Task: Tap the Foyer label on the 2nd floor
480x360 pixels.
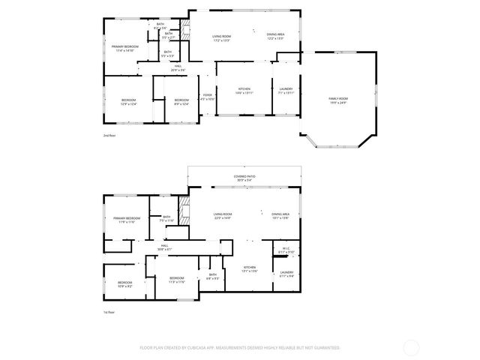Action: [208, 96]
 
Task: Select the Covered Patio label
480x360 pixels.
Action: [245, 178]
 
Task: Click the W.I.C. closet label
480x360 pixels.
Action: [286, 250]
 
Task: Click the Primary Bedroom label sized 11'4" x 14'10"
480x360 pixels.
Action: [123, 49]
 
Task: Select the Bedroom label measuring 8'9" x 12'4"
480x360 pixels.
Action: [181, 101]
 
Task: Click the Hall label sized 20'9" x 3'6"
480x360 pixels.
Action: [178, 67]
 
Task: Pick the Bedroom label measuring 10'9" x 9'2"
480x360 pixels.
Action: [124, 284]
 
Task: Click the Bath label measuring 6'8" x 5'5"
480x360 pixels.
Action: [212, 276]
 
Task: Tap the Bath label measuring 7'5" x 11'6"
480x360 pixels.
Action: [166, 219]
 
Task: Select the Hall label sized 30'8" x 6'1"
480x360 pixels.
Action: [165, 247]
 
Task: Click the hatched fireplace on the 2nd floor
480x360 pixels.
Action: [186, 34]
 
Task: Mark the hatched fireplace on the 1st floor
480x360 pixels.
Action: [184, 209]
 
